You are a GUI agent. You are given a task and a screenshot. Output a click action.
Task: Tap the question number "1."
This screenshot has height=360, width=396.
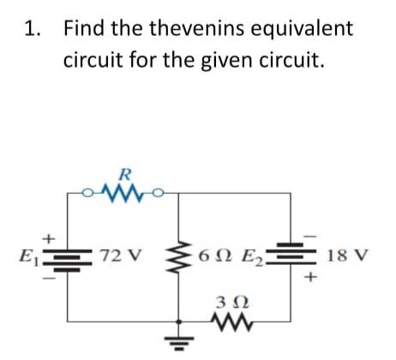(x=33, y=28)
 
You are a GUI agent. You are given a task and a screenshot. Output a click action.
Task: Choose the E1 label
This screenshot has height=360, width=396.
(x=27, y=256)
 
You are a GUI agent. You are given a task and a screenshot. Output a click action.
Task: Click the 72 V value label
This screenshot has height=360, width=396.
(x=118, y=256)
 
